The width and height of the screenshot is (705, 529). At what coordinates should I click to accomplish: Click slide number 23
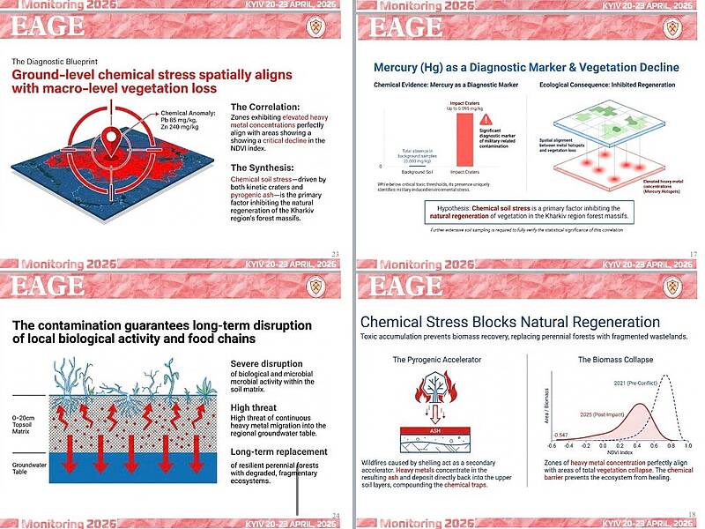[335, 255]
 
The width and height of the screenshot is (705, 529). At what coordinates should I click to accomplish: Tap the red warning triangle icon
[488, 120]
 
